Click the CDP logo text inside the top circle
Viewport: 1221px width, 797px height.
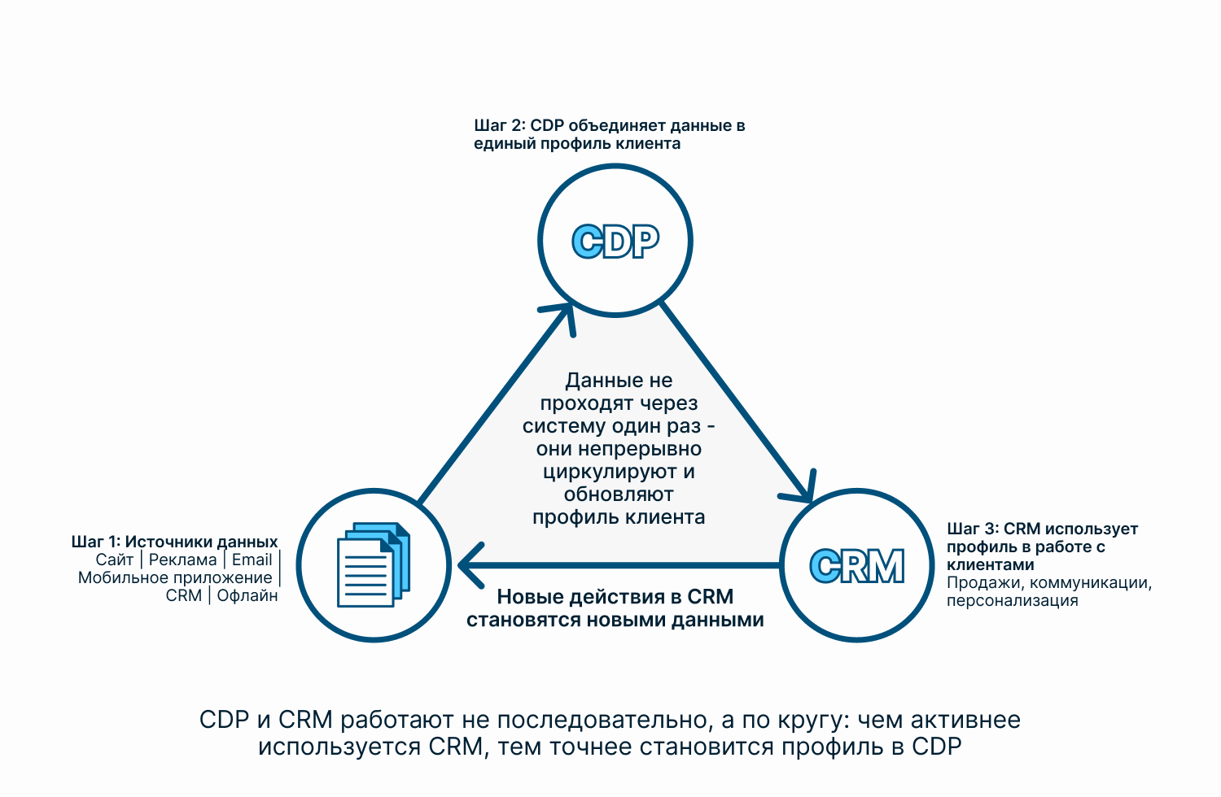(615, 242)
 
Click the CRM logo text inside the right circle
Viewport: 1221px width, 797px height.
(857, 565)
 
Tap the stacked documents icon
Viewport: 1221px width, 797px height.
(374, 565)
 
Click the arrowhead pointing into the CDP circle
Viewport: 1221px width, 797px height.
(562, 316)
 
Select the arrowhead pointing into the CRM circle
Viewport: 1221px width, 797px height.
(801, 489)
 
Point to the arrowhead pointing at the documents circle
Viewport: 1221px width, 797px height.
(470, 565)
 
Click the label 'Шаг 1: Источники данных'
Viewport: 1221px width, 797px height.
(174, 542)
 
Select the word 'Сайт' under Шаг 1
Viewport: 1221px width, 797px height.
(115, 560)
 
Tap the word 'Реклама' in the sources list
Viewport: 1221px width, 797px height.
(182, 560)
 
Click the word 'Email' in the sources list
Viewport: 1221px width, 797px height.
(252, 560)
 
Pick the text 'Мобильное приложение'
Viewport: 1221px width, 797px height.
(175, 577)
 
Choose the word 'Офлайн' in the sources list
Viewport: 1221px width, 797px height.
(247, 595)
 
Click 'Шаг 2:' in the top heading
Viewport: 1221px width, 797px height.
(500, 126)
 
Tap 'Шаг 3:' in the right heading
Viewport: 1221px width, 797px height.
(973, 529)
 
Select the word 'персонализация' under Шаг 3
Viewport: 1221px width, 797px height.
(1013, 600)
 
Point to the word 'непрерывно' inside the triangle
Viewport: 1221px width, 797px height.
(640, 449)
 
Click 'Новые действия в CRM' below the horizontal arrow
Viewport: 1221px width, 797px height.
(615, 597)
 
